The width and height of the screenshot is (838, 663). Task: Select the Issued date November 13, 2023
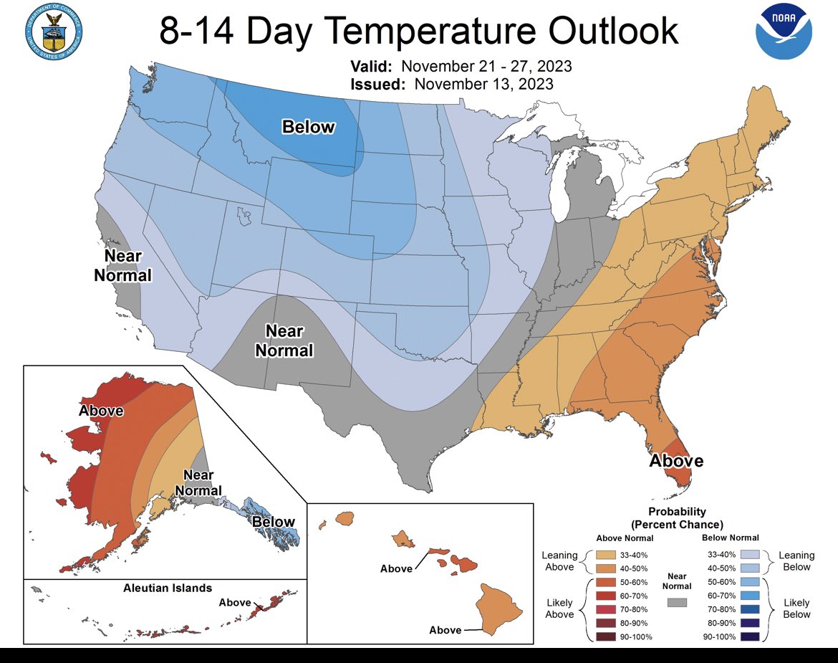point(483,84)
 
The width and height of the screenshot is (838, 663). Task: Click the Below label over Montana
point(308,127)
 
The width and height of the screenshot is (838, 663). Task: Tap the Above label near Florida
point(675,461)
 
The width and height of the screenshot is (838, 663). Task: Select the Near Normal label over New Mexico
point(284,340)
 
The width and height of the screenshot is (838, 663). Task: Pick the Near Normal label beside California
point(123,265)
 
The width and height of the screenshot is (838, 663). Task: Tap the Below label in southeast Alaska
point(273,521)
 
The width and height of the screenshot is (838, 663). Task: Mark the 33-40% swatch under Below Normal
point(748,555)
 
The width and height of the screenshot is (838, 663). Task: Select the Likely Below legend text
point(796,608)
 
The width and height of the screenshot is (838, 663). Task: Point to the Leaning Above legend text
point(559,561)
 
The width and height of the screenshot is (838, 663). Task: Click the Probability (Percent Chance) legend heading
point(677,517)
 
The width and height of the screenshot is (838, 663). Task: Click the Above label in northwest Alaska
point(101,411)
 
